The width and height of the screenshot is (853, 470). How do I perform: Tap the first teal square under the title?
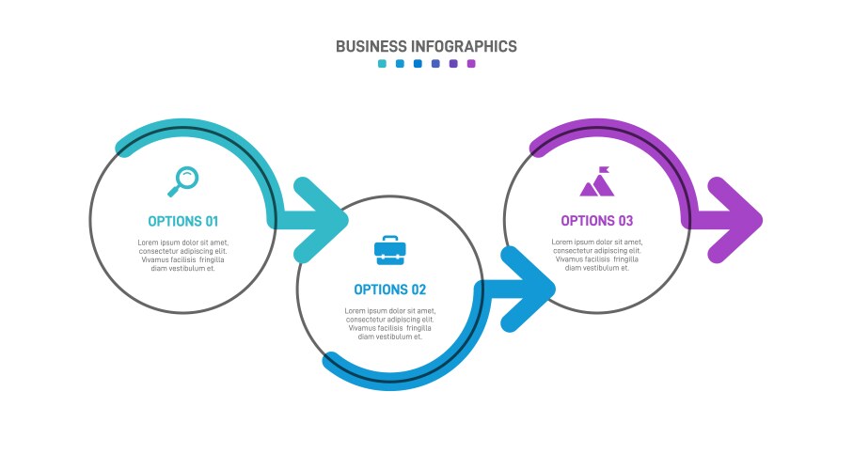[x=382, y=64]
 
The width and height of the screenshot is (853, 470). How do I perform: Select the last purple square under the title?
[x=471, y=64]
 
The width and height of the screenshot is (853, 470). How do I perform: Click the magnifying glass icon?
[x=183, y=180]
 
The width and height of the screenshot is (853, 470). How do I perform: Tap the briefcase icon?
[x=390, y=250]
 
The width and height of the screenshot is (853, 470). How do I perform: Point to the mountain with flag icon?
[x=597, y=182]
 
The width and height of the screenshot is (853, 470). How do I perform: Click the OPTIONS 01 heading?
[x=182, y=222]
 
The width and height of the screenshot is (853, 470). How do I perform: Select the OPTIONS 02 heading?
[x=389, y=290]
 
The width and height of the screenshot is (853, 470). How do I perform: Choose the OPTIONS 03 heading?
[x=597, y=221]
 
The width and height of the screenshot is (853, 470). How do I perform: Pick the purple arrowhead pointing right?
[x=735, y=220]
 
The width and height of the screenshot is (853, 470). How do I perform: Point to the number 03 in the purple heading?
[x=624, y=221]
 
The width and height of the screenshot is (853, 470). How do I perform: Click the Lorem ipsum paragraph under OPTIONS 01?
[x=183, y=255]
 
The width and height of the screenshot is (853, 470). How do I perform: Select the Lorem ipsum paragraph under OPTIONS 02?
[x=390, y=323]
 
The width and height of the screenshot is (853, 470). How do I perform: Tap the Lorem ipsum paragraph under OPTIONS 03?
[x=597, y=255]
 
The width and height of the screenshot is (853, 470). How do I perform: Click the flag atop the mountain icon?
[x=603, y=170]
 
